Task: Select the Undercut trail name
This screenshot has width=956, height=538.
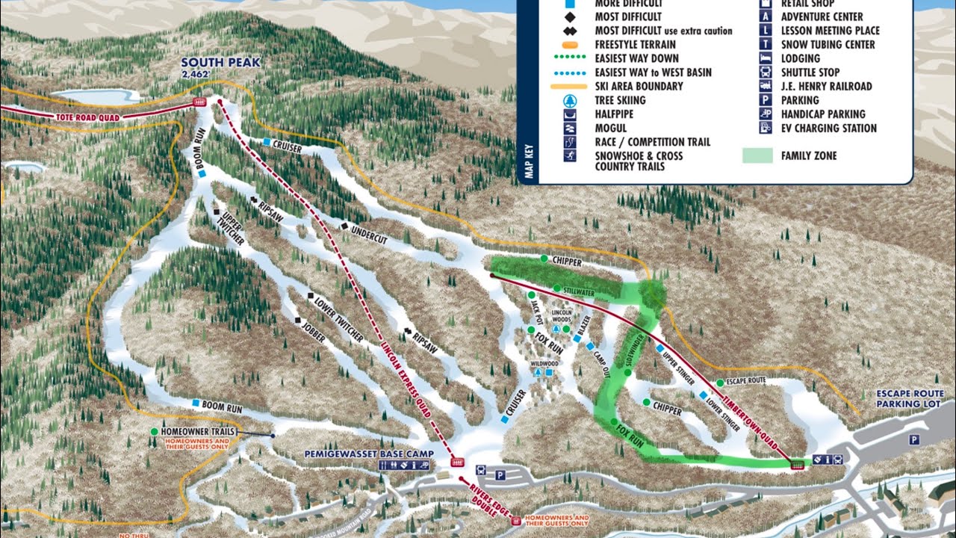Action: tap(368, 233)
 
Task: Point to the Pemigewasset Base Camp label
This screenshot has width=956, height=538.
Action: tap(359, 454)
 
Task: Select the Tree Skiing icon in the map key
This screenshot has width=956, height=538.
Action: tap(571, 100)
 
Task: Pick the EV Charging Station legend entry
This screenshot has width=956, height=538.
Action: tap(828, 128)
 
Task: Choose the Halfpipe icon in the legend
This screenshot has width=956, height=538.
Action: tap(571, 114)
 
